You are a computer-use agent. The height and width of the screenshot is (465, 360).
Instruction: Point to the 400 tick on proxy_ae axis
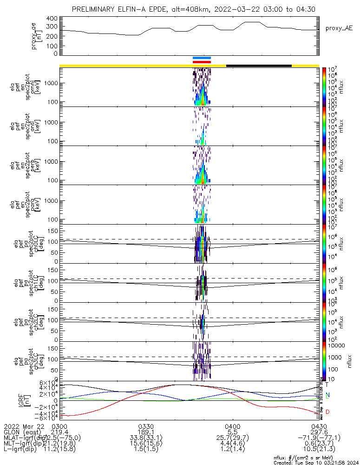click(52, 18)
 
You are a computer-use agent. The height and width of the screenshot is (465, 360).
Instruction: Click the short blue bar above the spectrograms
click(202, 58)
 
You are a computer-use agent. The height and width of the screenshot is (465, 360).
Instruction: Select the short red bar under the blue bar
click(202, 62)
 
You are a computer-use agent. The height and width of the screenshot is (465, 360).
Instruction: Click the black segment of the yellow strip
click(259, 66)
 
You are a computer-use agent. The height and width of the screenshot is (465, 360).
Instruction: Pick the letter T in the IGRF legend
click(327, 385)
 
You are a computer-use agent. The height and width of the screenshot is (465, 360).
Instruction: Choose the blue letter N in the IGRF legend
click(327, 395)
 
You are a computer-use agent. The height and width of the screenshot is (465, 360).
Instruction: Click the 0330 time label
click(146, 426)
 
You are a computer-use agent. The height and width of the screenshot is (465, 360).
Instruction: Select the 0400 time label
click(232, 426)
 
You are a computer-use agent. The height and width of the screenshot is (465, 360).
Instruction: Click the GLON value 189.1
click(146, 432)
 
